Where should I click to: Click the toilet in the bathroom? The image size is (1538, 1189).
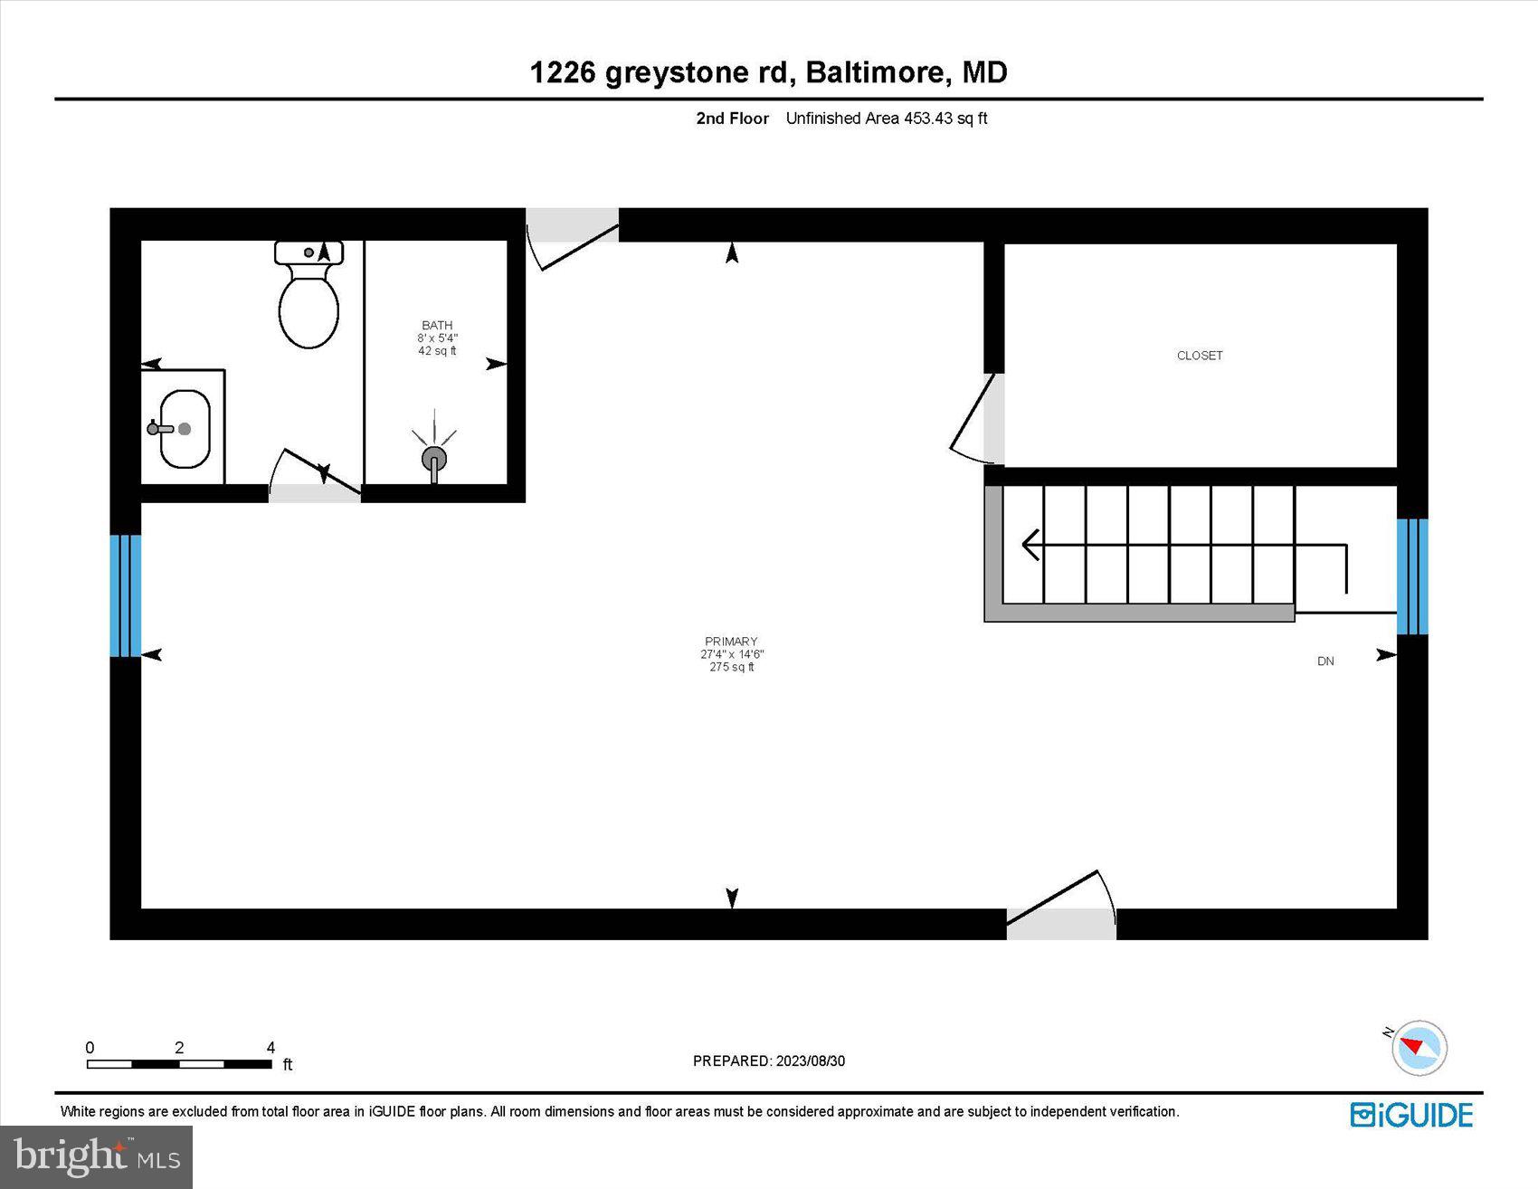tap(309, 299)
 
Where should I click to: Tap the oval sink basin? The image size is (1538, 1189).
tap(185, 429)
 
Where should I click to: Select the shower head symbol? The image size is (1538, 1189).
tap(434, 458)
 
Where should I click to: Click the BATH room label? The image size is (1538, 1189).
tap(437, 325)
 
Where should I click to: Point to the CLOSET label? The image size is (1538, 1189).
tap(1200, 356)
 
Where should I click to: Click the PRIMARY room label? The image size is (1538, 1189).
tap(731, 642)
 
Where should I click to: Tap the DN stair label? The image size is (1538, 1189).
tap(1325, 661)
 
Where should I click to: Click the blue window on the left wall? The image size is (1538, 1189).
tap(125, 595)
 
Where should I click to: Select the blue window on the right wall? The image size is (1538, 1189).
tap(1412, 576)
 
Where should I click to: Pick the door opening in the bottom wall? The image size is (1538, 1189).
tap(1061, 924)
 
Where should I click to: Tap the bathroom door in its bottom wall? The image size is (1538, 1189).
tap(314, 493)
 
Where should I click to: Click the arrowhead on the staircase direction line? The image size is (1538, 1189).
tap(1030, 545)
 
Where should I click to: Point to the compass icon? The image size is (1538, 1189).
tap(1418, 1048)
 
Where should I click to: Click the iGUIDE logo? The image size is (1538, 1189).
tap(1411, 1115)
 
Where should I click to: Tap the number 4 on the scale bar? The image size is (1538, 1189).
tap(271, 1048)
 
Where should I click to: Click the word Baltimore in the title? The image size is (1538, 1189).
tap(876, 72)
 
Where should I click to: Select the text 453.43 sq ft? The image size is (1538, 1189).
tap(945, 119)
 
